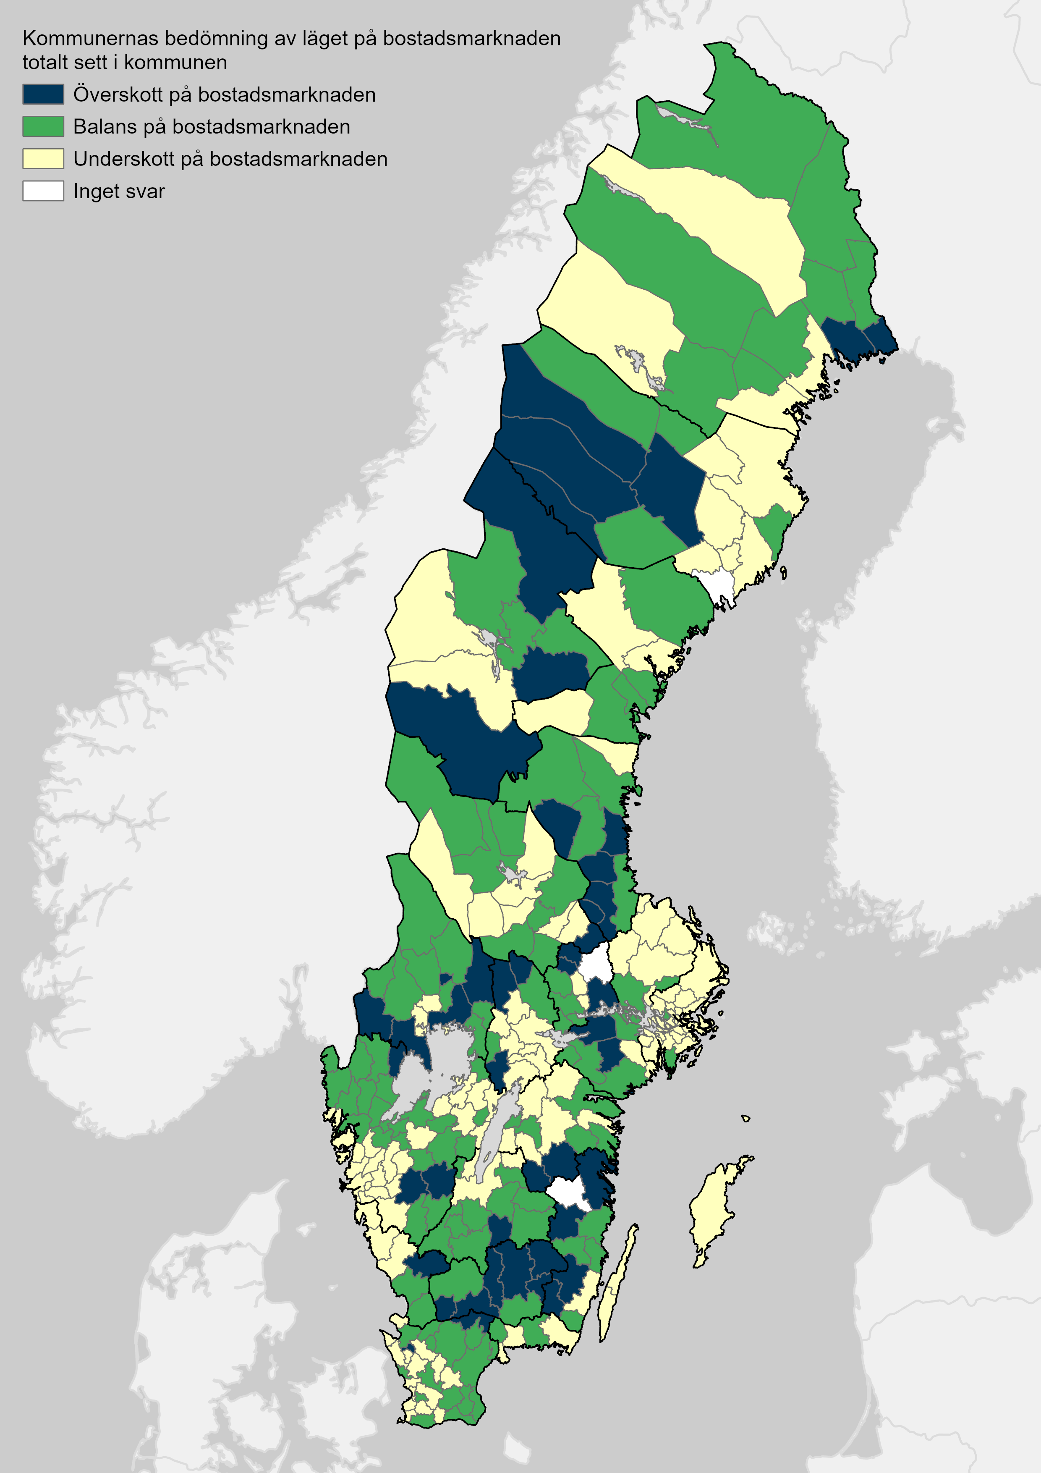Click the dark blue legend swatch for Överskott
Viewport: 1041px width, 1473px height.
coord(43,94)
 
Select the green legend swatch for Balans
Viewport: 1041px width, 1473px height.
coord(43,126)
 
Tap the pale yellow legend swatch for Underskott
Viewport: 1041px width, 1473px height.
coord(43,158)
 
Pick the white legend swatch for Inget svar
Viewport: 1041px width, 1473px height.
coord(43,191)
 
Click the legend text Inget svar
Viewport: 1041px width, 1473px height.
coord(119,191)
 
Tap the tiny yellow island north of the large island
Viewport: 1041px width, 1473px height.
coord(745,1118)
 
